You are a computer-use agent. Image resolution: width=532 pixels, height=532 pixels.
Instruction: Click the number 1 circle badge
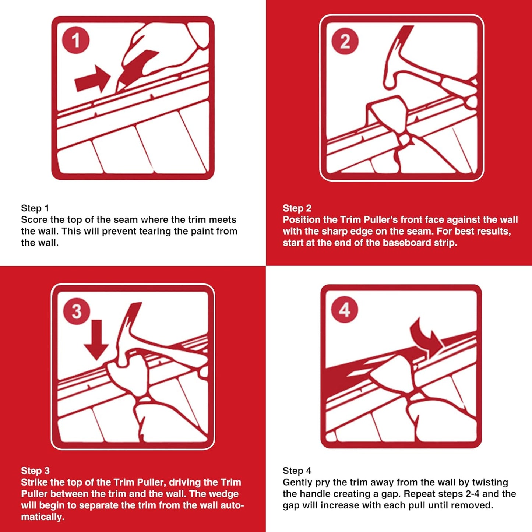[76, 40]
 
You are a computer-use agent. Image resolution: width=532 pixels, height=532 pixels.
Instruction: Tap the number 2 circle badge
[345, 41]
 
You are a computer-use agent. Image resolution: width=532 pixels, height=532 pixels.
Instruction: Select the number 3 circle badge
[76, 311]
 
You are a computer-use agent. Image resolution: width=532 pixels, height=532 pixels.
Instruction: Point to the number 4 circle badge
[344, 310]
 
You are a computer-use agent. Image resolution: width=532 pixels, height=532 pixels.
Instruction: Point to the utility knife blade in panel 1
[138, 66]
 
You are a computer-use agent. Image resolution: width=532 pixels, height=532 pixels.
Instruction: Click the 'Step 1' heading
[35, 208]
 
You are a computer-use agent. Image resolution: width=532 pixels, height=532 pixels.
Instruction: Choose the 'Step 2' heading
[297, 208]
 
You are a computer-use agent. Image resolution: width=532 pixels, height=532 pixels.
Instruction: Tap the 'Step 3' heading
[35, 471]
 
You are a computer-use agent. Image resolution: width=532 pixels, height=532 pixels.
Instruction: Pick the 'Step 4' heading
[297, 471]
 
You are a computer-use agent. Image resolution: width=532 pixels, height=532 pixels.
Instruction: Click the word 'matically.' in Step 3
[43, 517]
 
